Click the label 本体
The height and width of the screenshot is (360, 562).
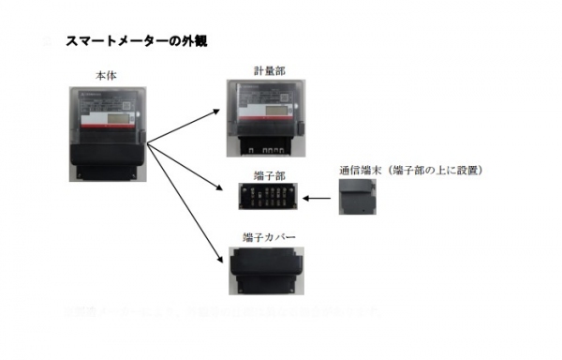click(106, 74)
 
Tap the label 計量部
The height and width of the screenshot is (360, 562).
click(265, 71)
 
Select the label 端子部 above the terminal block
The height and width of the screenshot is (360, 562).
click(265, 173)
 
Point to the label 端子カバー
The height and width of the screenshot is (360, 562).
click(265, 239)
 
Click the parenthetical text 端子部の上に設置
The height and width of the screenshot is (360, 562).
click(435, 171)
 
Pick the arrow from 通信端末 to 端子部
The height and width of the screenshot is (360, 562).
click(318, 199)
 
